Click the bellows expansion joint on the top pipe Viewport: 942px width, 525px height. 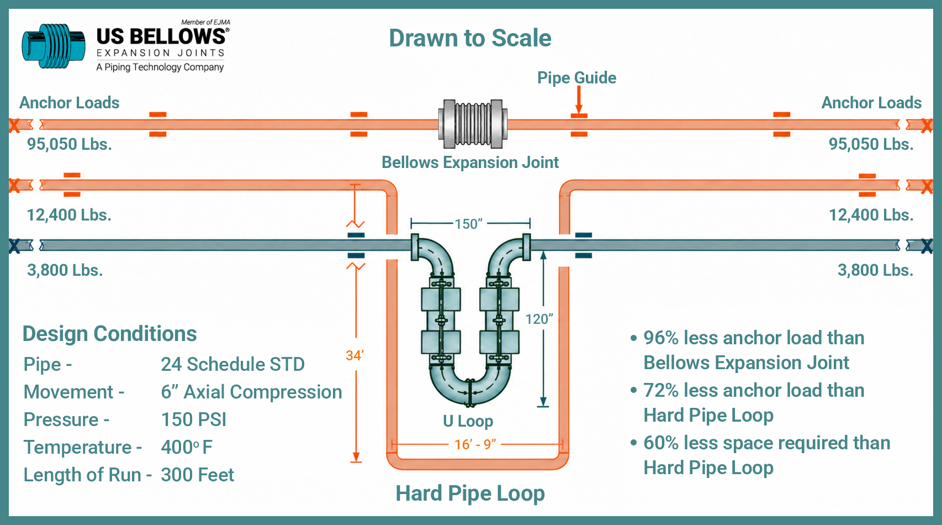(473, 124)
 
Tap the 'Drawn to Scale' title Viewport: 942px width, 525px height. (470, 38)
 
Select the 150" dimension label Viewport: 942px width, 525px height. (468, 224)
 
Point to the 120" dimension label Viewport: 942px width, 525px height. (539, 319)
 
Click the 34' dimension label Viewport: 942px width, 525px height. (354, 355)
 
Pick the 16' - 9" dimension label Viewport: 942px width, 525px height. (475, 444)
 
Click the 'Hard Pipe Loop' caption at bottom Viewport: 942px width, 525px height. (470, 494)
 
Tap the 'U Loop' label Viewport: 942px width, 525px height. (468, 421)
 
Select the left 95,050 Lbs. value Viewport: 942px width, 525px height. (70, 144)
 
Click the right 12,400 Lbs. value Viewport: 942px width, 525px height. (871, 215)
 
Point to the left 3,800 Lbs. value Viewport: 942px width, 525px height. (65, 270)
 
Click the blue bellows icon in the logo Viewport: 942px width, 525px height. (54, 46)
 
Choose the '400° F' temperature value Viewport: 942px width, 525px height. (187, 447)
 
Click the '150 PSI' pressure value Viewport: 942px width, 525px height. (193, 420)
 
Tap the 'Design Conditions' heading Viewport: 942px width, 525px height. (109, 334)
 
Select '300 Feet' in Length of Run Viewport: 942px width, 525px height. (197, 475)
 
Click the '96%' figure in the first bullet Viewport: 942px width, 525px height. (661, 338)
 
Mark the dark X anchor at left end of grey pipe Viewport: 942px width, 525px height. (14, 246)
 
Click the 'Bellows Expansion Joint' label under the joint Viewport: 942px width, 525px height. (470, 162)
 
